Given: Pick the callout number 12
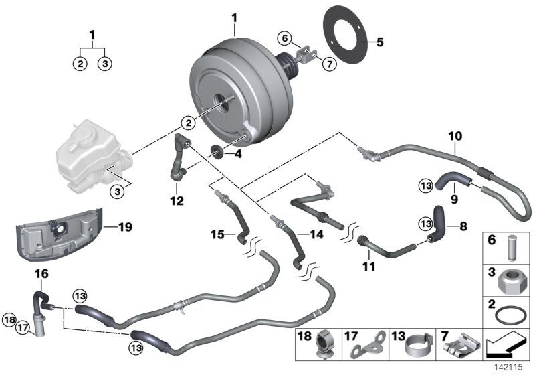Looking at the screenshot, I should pyautogui.click(x=175, y=200).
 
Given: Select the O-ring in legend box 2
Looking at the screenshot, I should pyautogui.click(x=510, y=315).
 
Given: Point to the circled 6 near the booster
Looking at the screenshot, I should pyautogui.click(x=284, y=38).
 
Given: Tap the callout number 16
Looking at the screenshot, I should pyautogui.click(x=41, y=273).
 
